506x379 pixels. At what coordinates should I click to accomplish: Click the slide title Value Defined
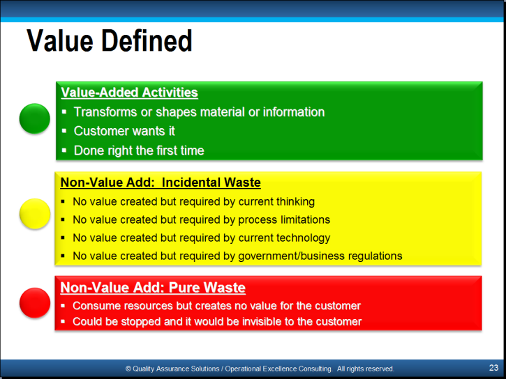[x=110, y=41]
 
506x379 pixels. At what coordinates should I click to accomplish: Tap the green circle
[x=34, y=118]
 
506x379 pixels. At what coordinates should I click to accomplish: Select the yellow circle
[x=34, y=214]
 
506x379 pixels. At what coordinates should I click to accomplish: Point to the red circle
[x=34, y=302]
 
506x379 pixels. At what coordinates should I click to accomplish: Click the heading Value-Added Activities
[x=129, y=93]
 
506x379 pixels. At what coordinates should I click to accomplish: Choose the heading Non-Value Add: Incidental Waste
[x=161, y=183]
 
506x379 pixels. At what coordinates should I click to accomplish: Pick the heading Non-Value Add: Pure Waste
[x=153, y=288]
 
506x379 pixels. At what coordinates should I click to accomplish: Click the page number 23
[x=493, y=368]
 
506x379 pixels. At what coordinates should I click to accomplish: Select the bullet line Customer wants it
[x=124, y=131]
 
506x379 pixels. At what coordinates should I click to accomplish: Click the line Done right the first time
[x=139, y=150]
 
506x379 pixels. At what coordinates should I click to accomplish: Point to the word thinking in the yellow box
[x=295, y=202]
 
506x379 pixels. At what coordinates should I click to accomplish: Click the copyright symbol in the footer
[x=128, y=369]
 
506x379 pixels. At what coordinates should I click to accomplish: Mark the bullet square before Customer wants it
[x=64, y=131]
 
